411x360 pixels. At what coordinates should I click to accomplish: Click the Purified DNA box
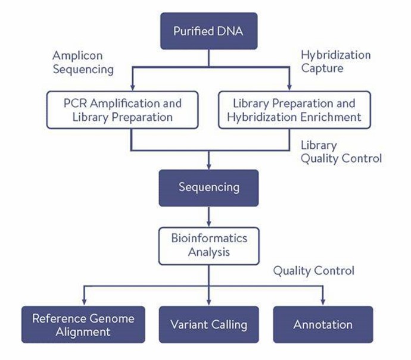point(208,31)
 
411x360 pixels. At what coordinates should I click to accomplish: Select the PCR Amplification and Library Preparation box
point(123,109)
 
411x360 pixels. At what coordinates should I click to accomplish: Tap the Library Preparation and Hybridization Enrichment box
point(294,109)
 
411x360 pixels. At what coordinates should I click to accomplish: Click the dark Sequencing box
point(208,187)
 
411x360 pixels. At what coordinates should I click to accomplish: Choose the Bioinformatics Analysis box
point(208,245)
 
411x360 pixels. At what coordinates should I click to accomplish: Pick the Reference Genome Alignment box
point(83,325)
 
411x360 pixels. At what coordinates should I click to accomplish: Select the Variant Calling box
point(208,325)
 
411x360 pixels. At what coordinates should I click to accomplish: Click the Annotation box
point(323,325)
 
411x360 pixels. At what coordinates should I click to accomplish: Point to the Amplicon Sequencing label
point(83,62)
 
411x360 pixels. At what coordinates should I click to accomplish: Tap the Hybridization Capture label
point(335,61)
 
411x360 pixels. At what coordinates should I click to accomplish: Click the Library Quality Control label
point(341,152)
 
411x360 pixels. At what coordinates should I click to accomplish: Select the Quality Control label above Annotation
point(313,271)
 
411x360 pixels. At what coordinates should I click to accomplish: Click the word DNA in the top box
point(230,31)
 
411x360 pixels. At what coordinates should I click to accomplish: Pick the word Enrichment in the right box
point(331,117)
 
